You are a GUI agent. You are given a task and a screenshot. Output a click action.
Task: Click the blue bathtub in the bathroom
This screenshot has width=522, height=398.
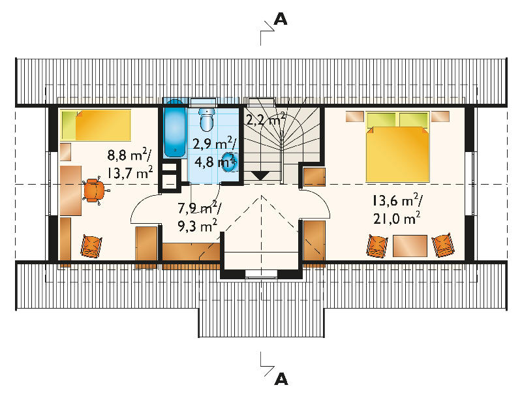pyautogui.click(x=175, y=128)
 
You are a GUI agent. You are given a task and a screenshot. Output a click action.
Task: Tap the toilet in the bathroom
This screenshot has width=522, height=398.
pyautogui.click(x=207, y=119)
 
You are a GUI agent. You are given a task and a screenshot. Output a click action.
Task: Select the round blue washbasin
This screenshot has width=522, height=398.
pyautogui.click(x=230, y=162)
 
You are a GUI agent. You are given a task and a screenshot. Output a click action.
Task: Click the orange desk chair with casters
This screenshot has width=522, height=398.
pyautogui.click(x=95, y=190)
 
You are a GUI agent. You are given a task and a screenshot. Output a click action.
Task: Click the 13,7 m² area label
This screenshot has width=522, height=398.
pyautogui.click(x=130, y=172)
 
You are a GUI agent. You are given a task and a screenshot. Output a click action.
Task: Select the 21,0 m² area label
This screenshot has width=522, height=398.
pyautogui.click(x=397, y=219)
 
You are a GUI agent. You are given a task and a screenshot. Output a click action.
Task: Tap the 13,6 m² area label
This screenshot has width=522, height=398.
pyautogui.click(x=397, y=201)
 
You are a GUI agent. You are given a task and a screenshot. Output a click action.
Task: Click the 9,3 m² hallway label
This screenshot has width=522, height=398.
pyautogui.click(x=198, y=226)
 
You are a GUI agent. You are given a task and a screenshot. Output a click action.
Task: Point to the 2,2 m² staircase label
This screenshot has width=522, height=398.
pyautogui.click(x=266, y=119)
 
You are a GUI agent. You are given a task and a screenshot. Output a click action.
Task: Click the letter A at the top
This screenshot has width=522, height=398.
pyautogui.click(x=281, y=20)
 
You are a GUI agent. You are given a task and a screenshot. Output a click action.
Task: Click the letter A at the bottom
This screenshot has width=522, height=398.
pyautogui.click(x=281, y=379)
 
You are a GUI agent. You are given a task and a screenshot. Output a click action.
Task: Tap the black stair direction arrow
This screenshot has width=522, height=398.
pyautogui.click(x=260, y=176)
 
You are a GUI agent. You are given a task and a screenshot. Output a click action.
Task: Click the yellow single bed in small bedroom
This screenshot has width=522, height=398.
pyautogui.click(x=96, y=125)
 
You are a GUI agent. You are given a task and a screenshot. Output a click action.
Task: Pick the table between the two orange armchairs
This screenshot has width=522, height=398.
pyautogui.click(x=410, y=246)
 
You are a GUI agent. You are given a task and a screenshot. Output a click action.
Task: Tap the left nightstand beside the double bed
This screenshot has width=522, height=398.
pyautogui.click(x=354, y=117)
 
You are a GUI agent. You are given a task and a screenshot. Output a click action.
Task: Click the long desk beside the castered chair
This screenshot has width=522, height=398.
pyautogui.click(x=71, y=191)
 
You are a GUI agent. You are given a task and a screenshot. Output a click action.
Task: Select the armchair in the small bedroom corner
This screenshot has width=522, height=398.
pyautogui.click(x=91, y=246)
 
